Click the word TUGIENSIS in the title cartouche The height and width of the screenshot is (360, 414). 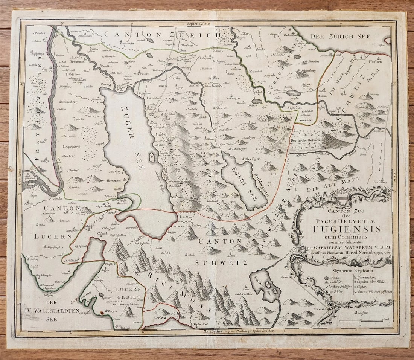[346, 229]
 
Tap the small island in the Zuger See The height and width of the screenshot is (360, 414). [152, 157]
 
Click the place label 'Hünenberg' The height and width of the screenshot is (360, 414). [70, 101]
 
